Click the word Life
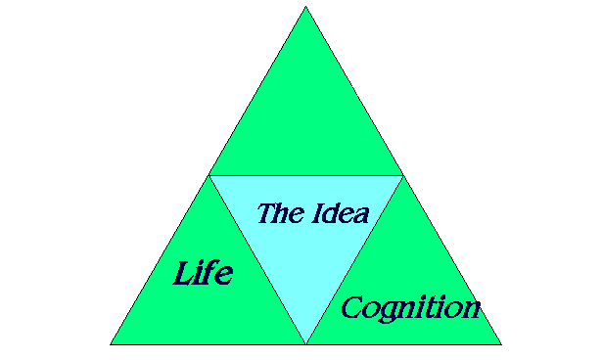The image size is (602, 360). point(203,273)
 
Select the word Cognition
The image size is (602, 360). point(410,308)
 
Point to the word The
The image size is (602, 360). point(279,213)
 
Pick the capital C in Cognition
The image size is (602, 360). point(352,308)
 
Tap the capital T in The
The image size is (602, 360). point(266,212)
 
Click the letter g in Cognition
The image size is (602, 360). point(388,312)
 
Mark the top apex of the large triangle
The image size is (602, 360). point(305,7)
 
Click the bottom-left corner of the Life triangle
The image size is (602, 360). point(111,344)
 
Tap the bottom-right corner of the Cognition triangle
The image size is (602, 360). point(501,344)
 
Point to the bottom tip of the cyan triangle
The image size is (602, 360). point(305,343)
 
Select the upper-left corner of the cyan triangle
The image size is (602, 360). point(209,176)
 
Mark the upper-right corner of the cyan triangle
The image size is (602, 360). point(402,176)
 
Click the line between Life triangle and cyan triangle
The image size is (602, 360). point(257,260)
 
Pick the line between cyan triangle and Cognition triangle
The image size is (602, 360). point(354,260)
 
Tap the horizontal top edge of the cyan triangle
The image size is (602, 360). point(305,176)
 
